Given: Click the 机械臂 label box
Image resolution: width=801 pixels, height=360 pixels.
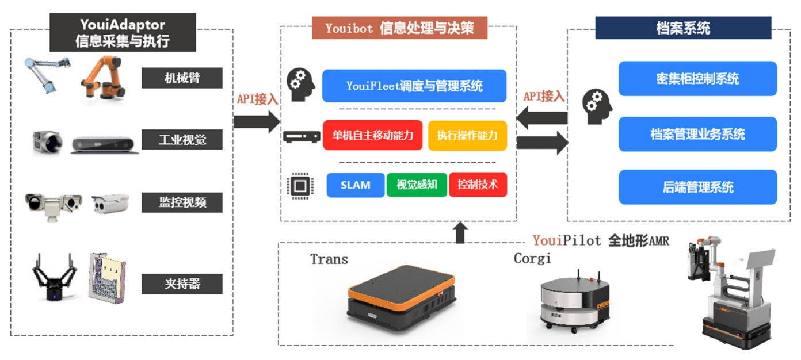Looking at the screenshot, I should pyautogui.click(x=182, y=78).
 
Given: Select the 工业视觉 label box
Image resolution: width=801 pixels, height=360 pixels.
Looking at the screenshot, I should pyautogui.click(x=182, y=139).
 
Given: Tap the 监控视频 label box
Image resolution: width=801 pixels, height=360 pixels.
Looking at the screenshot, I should pyautogui.click(x=182, y=202).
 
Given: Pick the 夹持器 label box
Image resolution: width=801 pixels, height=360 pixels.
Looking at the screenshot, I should pyautogui.click(x=182, y=284).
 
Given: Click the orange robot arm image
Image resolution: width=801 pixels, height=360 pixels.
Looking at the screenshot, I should pyautogui.click(x=104, y=77).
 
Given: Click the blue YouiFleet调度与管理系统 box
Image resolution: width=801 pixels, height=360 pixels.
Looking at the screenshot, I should pyautogui.click(x=414, y=86).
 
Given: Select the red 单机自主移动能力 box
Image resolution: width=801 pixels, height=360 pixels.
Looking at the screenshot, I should pyautogui.click(x=372, y=136).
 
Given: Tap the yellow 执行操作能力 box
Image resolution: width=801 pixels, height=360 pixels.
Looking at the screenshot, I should pyautogui.click(x=467, y=136).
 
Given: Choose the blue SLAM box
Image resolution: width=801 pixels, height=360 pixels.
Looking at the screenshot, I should pyautogui.click(x=355, y=185).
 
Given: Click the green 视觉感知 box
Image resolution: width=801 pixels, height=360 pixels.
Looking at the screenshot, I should pyautogui.click(x=417, y=185).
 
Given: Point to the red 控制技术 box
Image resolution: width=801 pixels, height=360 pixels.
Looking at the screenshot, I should pyautogui.click(x=478, y=185).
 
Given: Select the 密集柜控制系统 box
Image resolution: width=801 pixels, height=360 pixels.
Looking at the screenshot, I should pyautogui.click(x=697, y=79).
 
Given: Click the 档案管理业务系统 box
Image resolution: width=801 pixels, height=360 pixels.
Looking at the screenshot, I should pyautogui.click(x=697, y=134).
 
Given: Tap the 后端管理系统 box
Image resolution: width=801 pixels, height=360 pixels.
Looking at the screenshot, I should pyautogui.click(x=697, y=187).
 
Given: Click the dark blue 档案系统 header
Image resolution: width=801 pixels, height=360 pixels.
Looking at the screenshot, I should pyautogui.click(x=683, y=28).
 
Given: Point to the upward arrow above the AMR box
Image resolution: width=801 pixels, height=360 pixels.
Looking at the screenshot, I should pyautogui.click(x=460, y=232).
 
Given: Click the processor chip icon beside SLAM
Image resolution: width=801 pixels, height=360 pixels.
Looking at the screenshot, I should pyautogui.click(x=297, y=186).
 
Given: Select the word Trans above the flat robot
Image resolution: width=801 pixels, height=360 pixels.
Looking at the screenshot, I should pyautogui.click(x=329, y=259).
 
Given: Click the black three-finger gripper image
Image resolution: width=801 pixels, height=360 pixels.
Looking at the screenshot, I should pyautogui.click(x=54, y=277).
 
